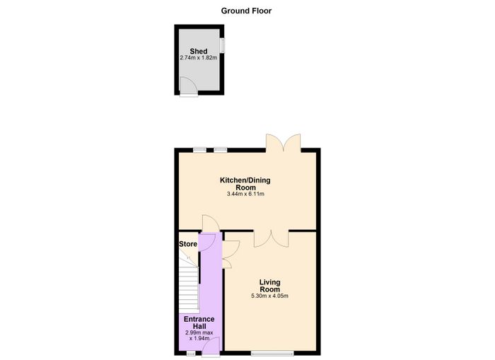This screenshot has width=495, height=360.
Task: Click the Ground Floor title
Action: (x=246, y=11)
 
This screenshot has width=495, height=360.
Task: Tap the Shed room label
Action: (x=199, y=51)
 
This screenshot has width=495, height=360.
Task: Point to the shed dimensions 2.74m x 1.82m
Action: (x=199, y=58)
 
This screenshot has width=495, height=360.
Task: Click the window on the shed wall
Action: (x=222, y=45)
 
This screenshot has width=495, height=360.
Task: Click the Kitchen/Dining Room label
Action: (x=245, y=184)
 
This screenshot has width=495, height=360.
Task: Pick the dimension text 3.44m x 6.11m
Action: (x=245, y=194)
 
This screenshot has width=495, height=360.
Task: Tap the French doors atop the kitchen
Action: (x=283, y=143)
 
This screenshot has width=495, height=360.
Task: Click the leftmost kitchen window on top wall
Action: (x=200, y=150)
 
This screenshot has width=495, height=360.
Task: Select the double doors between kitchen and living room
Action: (x=271, y=239)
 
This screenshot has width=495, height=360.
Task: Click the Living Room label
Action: (x=270, y=286)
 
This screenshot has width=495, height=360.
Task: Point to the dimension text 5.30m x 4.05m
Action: (x=269, y=296)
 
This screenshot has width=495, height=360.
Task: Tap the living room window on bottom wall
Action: (x=272, y=353)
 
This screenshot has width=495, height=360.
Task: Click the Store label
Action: (x=188, y=244)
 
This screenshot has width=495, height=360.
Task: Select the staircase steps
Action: (x=189, y=284)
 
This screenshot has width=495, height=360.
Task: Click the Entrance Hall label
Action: (x=199, y=323)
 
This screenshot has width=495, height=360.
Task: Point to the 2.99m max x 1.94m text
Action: (x=199, y=336)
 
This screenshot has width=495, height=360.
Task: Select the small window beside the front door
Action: (x=191, y=353)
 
